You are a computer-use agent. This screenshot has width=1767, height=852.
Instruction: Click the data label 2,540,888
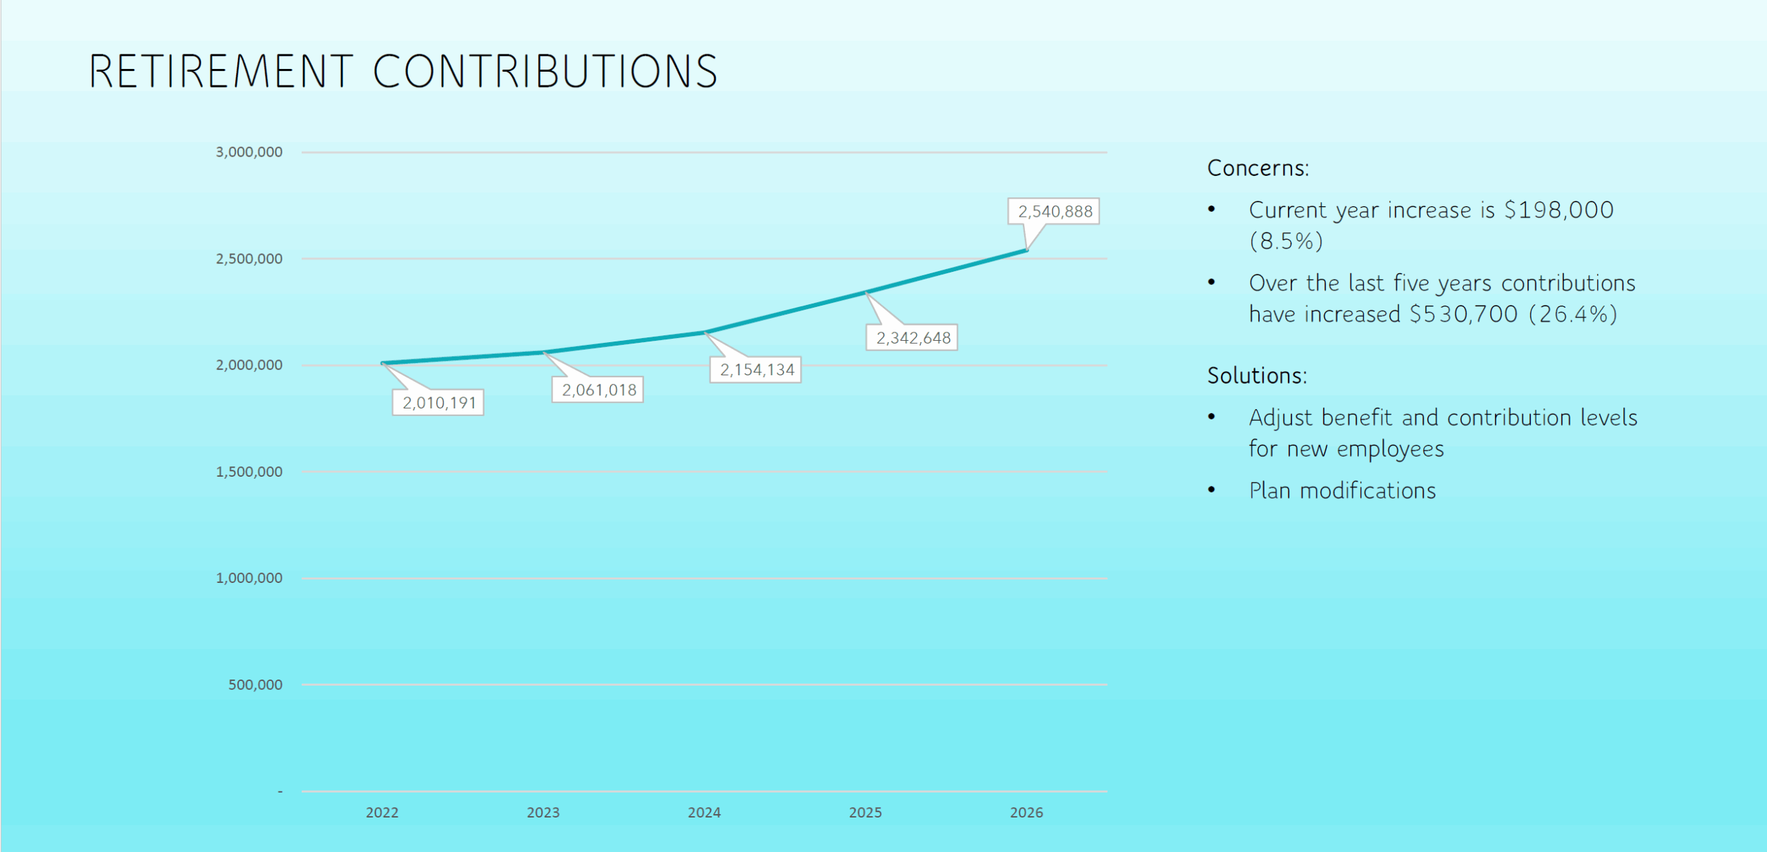[x=1054, y=212]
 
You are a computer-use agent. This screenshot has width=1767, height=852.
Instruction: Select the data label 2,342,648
[x=912, y=338]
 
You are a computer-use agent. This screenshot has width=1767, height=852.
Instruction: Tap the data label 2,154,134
[x=756, y=370]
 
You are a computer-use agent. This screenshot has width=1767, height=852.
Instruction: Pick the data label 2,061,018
[x=598, y=390]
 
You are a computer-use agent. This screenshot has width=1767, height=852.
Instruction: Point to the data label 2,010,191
[x=439, y=403]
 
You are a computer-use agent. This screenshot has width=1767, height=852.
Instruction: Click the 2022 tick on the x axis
[x=382, y=813]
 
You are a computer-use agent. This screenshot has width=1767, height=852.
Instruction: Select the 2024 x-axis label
[x=704, y=813]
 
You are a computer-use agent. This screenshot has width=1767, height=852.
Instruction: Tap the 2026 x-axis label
[x=1026, y=813]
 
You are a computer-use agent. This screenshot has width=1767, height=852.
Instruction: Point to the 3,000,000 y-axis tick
[x=249, y=152]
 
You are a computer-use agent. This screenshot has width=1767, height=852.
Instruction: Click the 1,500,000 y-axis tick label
[x=249, y=472]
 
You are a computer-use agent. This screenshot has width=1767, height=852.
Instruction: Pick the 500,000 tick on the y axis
[x=255, y=685]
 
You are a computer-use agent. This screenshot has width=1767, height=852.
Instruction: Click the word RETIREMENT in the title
[x=221, y=72]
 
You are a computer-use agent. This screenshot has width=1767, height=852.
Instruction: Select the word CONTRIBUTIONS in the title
[x=545, y=72]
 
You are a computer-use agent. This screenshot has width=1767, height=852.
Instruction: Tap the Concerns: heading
[x=1258, y=168]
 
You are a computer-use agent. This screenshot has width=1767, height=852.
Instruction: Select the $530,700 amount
[x=1463, y=315]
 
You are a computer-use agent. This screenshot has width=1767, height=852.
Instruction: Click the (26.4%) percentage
[x=1573, y=315]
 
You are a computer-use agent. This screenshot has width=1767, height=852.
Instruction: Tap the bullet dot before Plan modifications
[x=1211, y=490]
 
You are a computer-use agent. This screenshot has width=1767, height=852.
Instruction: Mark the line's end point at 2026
[x=1027, y=250]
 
